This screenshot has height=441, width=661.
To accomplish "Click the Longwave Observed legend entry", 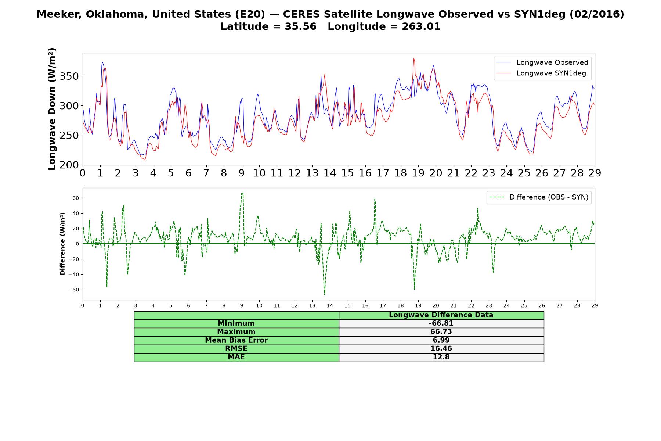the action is pyautogui.click(x=542, y=62).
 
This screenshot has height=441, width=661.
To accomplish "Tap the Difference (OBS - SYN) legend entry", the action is pyautogui.click(x=539, y=197).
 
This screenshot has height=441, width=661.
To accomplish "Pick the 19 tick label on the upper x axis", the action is pyautogui.click(x=418, y=173).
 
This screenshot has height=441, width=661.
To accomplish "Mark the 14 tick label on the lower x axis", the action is pyautogui.click(x=330, y=305).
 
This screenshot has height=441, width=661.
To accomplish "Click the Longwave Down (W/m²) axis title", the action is pyautogui.click(x=52, y=109).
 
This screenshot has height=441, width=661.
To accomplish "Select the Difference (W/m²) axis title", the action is pyautogui.click(x=62, y=244).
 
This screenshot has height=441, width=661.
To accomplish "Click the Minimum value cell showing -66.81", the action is pyautogui.click(x=441, y=323).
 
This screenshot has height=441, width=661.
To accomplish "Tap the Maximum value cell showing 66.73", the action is pyautogui.click(x=441, y=332).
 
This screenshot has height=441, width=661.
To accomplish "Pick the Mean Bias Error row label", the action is pyautogui.click(x=236, y=340).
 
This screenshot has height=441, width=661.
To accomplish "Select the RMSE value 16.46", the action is pyautogui.click(x=441, y=349).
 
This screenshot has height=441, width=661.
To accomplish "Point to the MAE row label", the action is pyautogui.click(x=236, y=357).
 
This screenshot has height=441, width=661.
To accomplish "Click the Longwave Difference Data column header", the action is pyautogui.click(x=441, y=315).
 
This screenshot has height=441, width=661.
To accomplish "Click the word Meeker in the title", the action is pyautogui.click(x=59, y=14).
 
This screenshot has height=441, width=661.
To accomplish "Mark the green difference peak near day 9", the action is pyautogui.click(x=242, y=193).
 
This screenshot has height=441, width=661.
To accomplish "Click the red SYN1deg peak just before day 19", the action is pyautogui.click(x=414, y=58).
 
